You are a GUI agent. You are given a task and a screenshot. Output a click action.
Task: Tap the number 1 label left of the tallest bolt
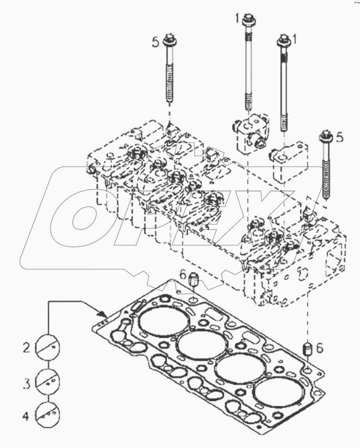tap(236, 17)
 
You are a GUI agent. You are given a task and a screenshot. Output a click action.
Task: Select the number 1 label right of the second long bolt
tap(295, 39)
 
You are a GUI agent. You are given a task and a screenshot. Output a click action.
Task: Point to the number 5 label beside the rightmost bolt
tap(340, 137)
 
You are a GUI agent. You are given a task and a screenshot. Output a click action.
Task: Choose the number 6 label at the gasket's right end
tap(320, 348)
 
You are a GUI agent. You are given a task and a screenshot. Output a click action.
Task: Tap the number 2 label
tap(26, 347)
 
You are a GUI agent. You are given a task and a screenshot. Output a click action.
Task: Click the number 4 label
tap(26, 417)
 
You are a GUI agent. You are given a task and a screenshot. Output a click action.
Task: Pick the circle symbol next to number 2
tap(48, 346)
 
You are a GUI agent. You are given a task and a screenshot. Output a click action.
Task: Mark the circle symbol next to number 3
tap(48, 381)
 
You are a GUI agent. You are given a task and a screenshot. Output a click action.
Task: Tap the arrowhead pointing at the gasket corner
tap(102, 313)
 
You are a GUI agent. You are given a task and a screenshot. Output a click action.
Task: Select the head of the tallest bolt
tap(247, 18)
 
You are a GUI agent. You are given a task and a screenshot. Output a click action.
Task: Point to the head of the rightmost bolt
tap(325, 136)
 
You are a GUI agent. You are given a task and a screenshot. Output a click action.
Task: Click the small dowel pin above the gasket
tap(193, 280)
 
